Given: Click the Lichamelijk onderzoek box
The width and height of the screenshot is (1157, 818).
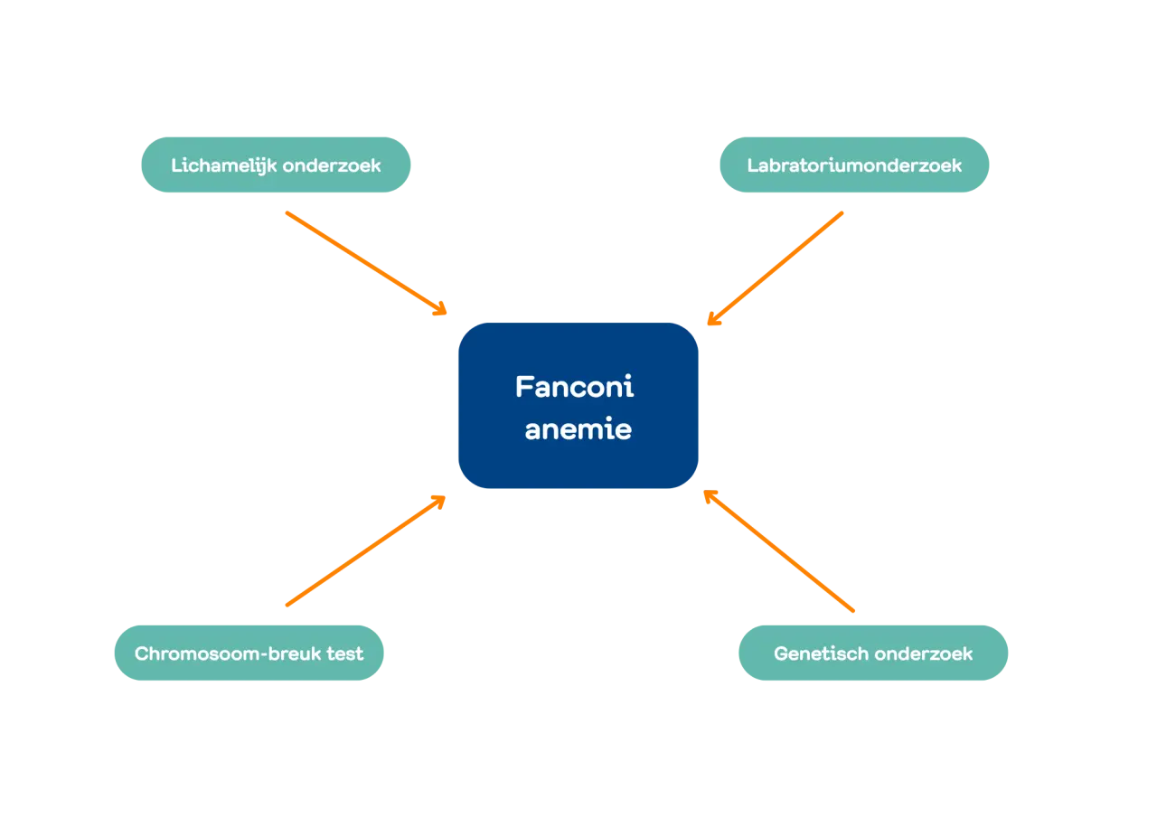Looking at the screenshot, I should click(276, 165).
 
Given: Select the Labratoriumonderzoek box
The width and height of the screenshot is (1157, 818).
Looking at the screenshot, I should click(853, 165).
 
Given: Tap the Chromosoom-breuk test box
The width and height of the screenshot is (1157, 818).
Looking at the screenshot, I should click(249, 653).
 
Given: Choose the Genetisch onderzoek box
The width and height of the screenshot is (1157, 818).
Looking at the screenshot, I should click(873, 653).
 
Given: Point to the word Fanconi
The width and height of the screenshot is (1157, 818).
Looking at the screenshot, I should click(575, 387).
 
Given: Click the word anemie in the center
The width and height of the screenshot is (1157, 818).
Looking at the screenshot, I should click(578, 429).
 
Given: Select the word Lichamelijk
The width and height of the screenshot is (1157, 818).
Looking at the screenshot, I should click(223, 165).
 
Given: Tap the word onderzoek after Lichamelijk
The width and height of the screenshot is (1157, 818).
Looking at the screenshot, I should click(332, 165).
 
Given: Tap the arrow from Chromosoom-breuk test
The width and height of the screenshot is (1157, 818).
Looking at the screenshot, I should click(362, 552).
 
